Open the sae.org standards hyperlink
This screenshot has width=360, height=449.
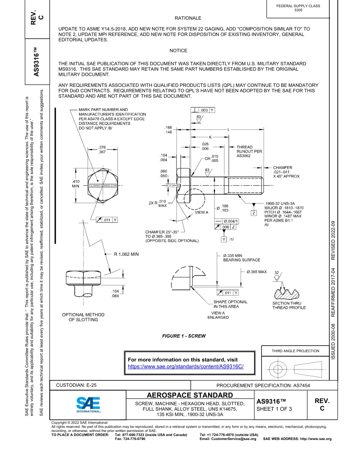click(185, 367)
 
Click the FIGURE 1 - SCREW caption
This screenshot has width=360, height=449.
click(184, 336)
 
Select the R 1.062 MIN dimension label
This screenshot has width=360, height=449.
click(126, 254)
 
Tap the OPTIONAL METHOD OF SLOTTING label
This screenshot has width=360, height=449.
click(83, 317)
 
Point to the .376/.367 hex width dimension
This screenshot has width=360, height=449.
click(102, 150)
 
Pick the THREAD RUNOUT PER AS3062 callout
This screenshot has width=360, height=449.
click(249, 151)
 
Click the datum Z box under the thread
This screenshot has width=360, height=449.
click(254, 213)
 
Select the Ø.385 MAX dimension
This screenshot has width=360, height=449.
click(257, 272)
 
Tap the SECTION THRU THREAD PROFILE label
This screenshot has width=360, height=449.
click(289, 305)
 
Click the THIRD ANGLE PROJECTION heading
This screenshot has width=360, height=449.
click(295, 351)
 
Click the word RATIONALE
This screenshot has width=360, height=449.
click(188, 18)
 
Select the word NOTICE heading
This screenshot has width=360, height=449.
click(178, 50)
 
